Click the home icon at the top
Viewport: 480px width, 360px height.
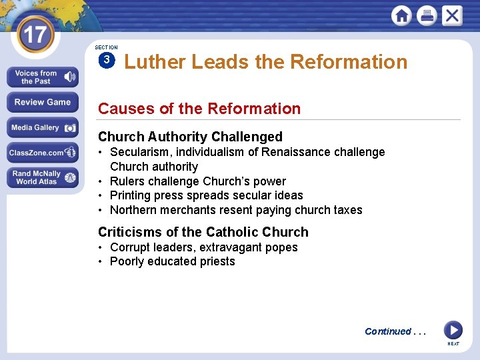(x=401, y=15)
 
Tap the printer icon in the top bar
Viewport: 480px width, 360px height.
(x=427, y=15)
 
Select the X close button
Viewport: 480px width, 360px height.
(x=452, y=15)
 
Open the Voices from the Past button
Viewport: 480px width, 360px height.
(x=43, y=77)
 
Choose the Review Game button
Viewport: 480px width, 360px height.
(x=43, y=102)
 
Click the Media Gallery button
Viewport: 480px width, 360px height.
(x=43, y=127)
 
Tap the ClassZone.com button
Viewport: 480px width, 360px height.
(x=43, y=153)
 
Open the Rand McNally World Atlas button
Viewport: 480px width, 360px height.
(x=43, y=177)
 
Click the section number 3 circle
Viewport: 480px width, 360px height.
(x=106, y=61)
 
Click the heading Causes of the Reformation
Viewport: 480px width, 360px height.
(x=199, y=108)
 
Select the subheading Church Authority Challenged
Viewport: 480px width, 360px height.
(x=190, y=137)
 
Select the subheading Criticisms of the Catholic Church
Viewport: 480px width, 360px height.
(x=203, y=232)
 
